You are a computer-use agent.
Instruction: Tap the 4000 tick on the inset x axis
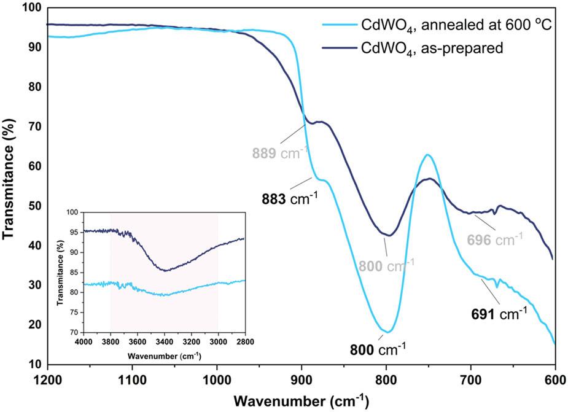83,342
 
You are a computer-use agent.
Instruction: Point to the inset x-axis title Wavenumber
163,356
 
